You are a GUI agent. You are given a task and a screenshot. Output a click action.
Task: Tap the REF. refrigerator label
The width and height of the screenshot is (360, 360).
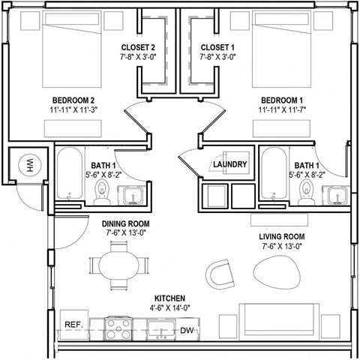(73, 324)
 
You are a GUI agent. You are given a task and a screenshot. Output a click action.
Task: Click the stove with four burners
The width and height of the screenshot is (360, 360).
(118, 328)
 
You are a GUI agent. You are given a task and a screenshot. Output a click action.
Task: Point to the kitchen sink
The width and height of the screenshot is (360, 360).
(160, 328)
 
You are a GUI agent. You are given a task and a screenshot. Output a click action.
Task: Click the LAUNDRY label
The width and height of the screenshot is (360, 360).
(229, 165)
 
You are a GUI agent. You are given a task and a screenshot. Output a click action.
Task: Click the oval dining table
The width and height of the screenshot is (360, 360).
(119, 264)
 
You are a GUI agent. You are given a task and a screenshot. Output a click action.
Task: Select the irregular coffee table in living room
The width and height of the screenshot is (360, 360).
(275, 269)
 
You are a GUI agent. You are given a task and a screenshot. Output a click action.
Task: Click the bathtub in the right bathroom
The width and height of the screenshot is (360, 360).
(272, 175)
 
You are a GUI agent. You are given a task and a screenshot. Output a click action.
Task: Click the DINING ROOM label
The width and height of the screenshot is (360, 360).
(126, 223)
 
